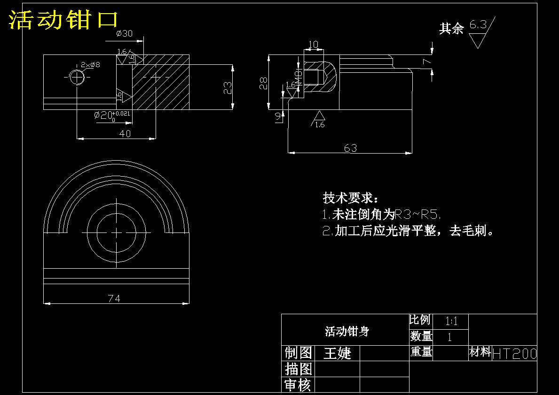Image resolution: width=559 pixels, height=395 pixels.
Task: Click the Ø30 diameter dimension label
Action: [x=124, y=33]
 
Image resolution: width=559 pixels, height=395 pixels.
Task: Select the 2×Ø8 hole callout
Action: [x=90, y=64]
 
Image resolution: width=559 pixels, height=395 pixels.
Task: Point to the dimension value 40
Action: [x=125, y=134]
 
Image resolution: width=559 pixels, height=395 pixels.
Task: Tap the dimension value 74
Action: [x=114, y=299]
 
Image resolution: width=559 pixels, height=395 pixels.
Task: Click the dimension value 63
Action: [x=350, y=148]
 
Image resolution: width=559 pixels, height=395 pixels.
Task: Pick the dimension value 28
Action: [x=263, y=83]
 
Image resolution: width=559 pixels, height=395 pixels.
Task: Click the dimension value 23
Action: [x=228, y=88]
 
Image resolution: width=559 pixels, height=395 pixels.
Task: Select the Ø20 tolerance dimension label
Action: [x=111, y=115]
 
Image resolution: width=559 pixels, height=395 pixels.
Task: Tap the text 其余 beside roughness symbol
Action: [x=451, y=29]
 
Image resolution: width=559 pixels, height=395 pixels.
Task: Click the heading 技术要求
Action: [x=350, y=197]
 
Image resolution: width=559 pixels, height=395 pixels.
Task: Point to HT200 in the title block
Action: [x=514, y=354]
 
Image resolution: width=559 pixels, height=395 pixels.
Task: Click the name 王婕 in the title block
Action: [x=337, y=353]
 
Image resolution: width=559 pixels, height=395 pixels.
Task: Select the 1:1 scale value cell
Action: [x=451, y=322]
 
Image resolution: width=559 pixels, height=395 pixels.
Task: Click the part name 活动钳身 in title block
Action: [x=347, y=332]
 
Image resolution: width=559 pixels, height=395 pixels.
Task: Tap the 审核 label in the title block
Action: [x=298, y=385]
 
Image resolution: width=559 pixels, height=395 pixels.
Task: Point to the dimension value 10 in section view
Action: [x=313, y=45]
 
